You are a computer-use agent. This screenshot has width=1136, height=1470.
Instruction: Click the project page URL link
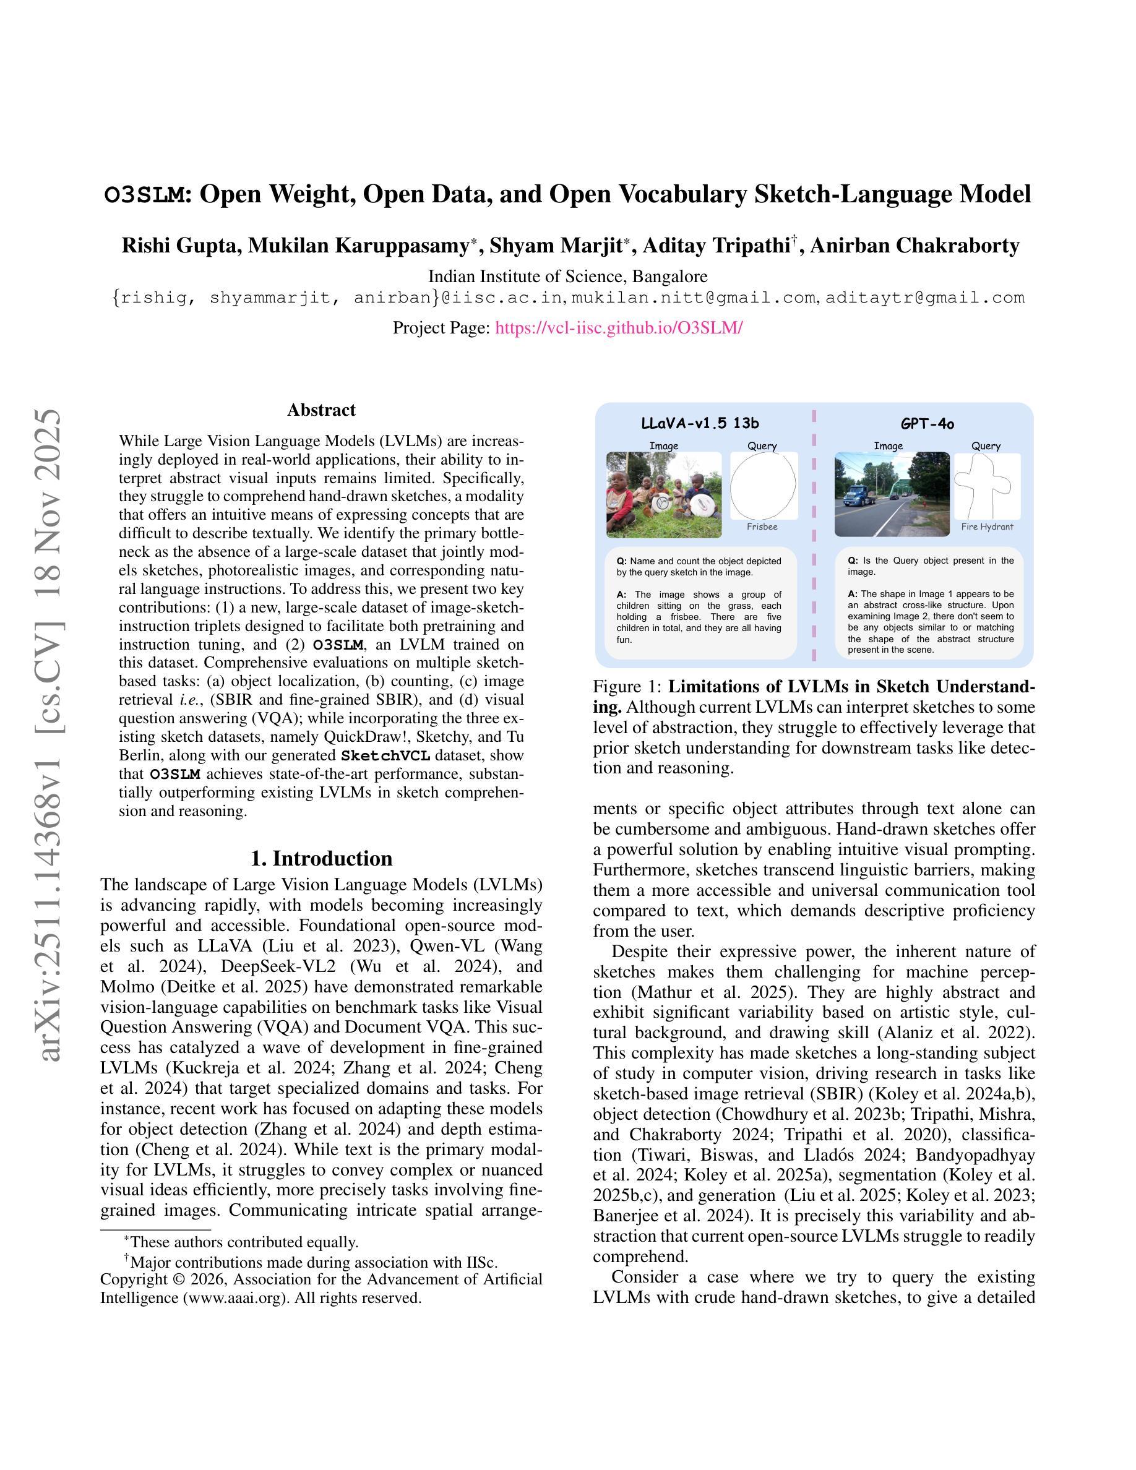[x=619, y=328]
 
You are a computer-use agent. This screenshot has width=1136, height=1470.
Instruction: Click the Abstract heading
[x=321, y=410]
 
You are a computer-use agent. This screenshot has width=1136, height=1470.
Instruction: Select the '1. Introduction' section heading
[x=321, y=858]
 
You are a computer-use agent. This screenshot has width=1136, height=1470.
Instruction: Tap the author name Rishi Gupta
[x=179, y=246]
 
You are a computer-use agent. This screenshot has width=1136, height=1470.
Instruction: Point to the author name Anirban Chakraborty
[x=914, y=246]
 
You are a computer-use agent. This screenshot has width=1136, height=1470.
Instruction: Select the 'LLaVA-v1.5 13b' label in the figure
[x=700, y=423]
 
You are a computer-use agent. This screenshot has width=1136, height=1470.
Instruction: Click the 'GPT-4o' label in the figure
[x=927, y=423]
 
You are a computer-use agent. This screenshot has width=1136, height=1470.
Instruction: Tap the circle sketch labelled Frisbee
[x=762, y=485]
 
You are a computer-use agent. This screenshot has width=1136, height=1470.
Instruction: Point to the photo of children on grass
[x=663, y=495]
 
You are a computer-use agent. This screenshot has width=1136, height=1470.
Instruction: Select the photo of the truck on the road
[x=892, y=495]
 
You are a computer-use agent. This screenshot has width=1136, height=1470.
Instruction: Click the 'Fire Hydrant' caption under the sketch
[x=987, y=527]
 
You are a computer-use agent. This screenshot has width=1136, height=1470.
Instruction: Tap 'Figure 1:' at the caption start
[x=628, y=687]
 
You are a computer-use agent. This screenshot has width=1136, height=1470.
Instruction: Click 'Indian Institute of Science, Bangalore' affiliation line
[x=567, y=276]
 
